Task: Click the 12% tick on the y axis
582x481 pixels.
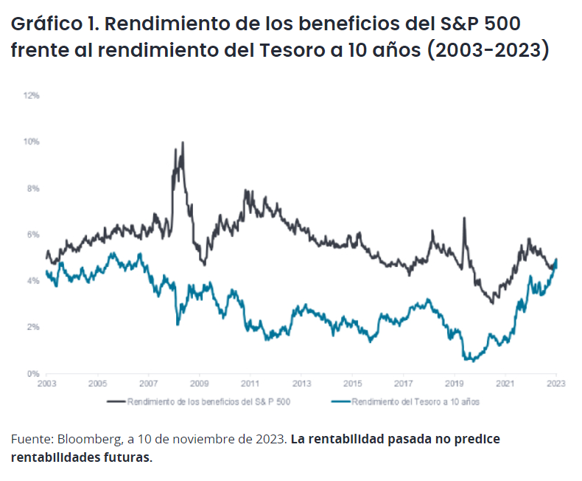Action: [32, 96]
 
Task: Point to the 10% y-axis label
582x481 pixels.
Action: [32, 142]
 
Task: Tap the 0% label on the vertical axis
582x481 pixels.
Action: [33, 373]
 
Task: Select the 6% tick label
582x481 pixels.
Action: [33, 235]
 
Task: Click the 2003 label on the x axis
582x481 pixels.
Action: [46, 384]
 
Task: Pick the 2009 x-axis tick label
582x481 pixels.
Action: [199, 384]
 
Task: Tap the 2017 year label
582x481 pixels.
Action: [403, 384]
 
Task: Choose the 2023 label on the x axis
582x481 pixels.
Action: [556, 384]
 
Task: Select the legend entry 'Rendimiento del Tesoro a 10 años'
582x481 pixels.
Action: [416, 402]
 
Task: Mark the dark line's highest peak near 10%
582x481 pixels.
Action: [182, 142]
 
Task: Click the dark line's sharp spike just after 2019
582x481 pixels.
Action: [464, 218]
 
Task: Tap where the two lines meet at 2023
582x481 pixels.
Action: [556, 260]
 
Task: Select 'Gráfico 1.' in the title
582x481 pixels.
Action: [54, 24]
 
